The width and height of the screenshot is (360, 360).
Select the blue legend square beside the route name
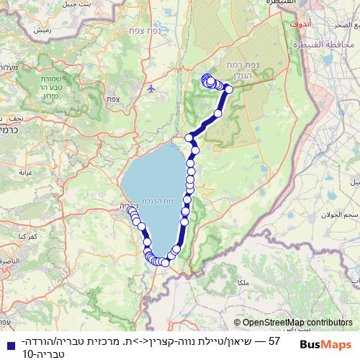(x=7, y=340)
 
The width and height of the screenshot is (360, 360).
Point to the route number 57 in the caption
(x=274, y=339)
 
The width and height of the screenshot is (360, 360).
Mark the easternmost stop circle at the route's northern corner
(x=229, y=89)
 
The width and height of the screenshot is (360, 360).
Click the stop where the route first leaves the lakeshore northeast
(x=189, y=138)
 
